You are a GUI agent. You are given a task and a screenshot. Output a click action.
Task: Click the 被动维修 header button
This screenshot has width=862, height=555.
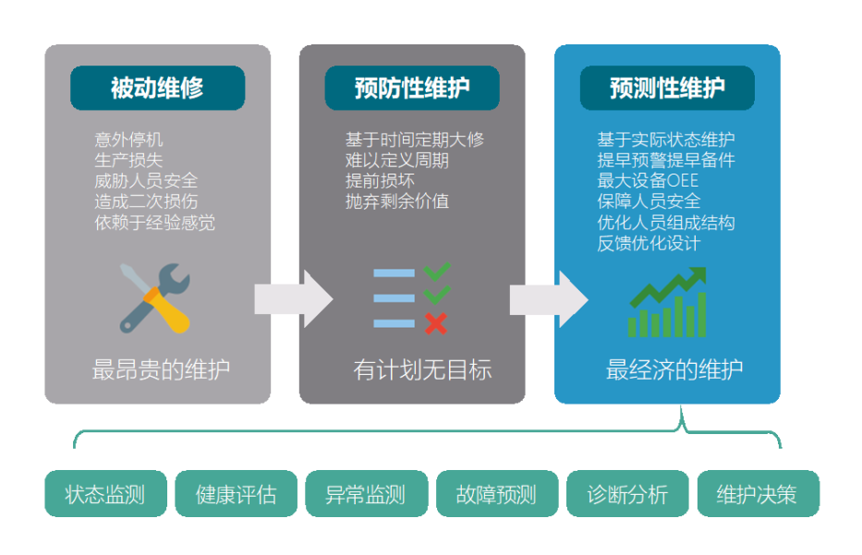point(157,88)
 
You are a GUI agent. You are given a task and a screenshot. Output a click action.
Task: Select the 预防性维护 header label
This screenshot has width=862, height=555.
point(412,88)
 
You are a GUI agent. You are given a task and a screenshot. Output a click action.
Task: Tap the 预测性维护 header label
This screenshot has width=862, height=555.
point(667,88)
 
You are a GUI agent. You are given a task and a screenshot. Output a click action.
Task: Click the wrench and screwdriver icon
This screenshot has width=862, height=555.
point(155,298)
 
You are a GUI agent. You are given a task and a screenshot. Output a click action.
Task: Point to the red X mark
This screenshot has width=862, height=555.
point(436,323)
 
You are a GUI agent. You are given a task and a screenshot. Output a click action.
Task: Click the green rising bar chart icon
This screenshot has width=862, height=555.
point(667,302)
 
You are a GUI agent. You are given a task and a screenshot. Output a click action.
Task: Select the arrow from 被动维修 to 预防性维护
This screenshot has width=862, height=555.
point(294,299)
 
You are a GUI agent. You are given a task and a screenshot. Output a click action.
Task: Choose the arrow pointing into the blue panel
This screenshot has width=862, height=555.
point(549,299)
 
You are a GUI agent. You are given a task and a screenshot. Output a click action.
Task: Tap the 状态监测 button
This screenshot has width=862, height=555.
point(105,493)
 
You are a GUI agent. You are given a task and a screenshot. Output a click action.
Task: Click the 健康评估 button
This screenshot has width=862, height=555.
point(236,493)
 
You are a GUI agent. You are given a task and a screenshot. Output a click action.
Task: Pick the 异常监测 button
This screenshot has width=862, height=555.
point(367,493)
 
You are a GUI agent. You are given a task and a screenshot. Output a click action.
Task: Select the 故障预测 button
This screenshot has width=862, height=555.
point(497,493)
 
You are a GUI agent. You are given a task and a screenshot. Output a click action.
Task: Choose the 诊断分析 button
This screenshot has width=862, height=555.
point(628,493)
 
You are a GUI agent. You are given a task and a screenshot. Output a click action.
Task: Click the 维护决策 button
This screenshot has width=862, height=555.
point(759,493)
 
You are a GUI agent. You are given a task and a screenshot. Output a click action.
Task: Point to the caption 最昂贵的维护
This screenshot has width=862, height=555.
point(161,369)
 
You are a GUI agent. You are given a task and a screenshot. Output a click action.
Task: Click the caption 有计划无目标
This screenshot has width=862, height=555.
point(422,369)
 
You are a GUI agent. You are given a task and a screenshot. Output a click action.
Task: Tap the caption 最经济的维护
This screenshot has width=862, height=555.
point(674,369)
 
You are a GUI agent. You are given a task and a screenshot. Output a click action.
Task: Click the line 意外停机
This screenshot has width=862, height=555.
point(128,139)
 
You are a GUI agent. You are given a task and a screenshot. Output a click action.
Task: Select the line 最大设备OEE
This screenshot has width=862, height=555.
point(648,181)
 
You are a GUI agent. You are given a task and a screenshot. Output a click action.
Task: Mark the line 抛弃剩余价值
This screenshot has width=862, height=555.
point(397,201)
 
